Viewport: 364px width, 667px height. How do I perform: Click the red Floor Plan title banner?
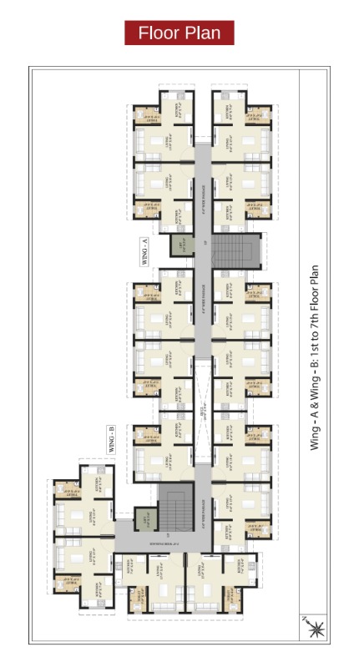coord(179,33)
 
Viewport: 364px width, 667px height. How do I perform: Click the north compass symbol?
coord(316,629)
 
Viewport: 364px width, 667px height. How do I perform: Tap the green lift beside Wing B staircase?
coord(143,520)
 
